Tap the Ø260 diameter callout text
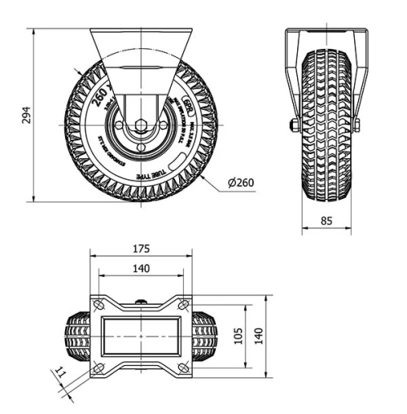point(242,183)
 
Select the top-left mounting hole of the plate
point(98,305)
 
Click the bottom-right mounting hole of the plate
point(184,369)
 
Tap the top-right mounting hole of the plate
point(184,305)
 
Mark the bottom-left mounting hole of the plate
point(98,369)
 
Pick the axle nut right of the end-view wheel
point(357,125)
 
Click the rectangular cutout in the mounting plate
point(141,337)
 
